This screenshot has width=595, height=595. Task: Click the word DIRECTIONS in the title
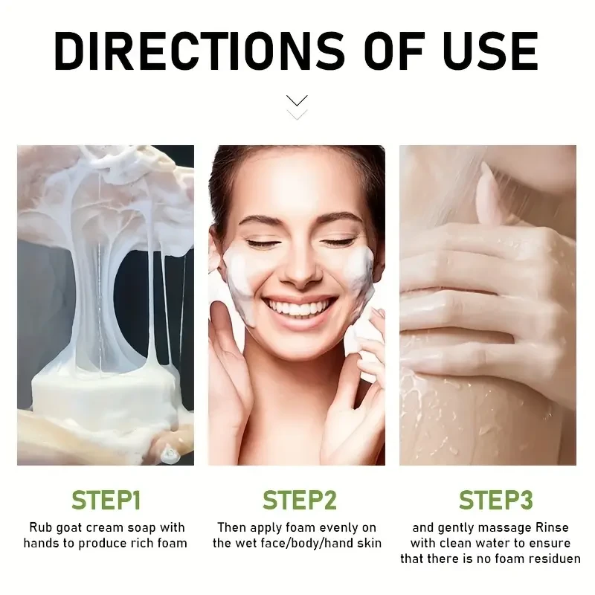(x=199, y=51)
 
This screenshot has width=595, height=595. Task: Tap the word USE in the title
(x=490, y=51)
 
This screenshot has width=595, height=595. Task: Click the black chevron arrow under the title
(x=297, y=100)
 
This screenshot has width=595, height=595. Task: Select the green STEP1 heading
(x=106, y=500)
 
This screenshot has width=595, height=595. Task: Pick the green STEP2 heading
(x=300, y=500)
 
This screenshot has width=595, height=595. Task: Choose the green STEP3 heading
(x=495, y=500)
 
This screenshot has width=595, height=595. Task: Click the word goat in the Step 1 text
(x=69, y=528)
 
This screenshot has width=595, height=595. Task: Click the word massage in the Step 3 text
(x=504, y=529)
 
